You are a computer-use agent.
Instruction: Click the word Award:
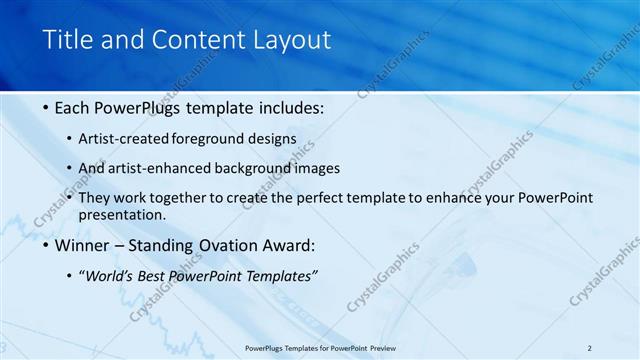(288, 245)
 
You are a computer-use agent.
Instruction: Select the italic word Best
(158, 275)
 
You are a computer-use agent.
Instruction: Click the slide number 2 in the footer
(589, 347)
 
